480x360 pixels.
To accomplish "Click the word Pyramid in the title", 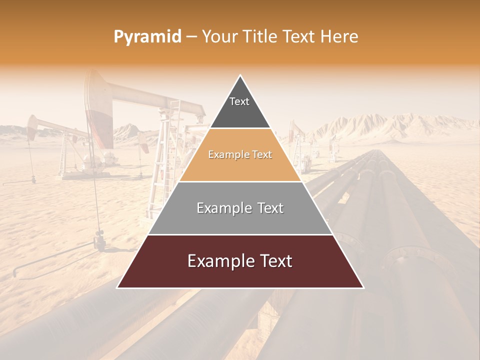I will click(x=147, y=37).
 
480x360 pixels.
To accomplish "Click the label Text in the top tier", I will click(x=239, y=101).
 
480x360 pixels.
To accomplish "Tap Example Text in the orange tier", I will click(x=240, y=154).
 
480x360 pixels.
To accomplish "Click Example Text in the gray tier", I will click(x=240, y=208).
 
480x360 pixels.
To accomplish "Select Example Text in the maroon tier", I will click(x=240, y=261).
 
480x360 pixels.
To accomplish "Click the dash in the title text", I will click(x=191, y=37).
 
